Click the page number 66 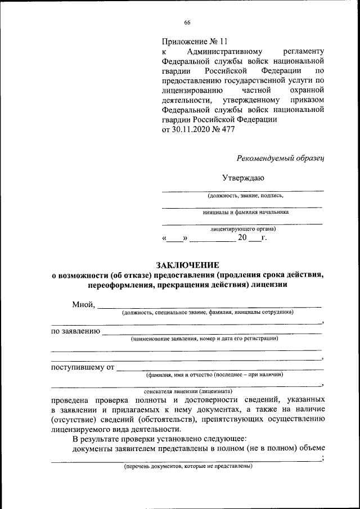(187, 22)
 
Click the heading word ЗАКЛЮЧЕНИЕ (187, 265)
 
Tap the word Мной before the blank (83, 305)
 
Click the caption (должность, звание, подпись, (242, 196)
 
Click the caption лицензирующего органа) (243, 229)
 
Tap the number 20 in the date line (242, 238)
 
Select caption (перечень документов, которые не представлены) (188, 466)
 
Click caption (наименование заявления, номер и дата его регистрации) (205, 339)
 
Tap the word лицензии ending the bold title (271, 285)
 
